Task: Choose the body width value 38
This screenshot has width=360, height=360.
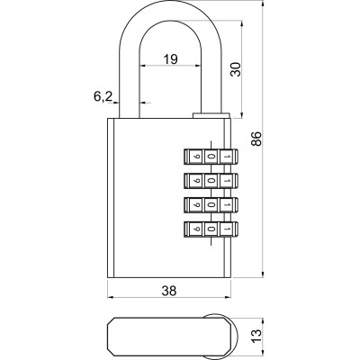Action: point(168,290)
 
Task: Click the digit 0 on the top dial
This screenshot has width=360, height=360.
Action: point(209,156)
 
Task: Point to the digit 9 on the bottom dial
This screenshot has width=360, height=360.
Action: point(196,230)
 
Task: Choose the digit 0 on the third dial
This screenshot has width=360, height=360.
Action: point(209,205)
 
